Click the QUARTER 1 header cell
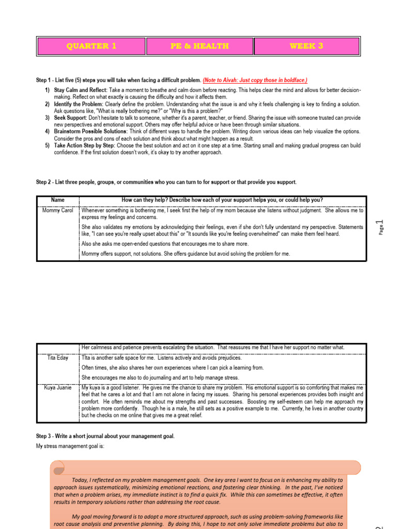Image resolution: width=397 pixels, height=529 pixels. [x=91, y=46]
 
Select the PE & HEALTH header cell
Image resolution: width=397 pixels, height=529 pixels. [x=200, y=46]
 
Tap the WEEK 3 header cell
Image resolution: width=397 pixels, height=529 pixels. [x=307, y=46]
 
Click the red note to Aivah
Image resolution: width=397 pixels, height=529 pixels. [x=255, y=80]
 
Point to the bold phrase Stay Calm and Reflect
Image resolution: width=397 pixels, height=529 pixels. [x=81, y=90]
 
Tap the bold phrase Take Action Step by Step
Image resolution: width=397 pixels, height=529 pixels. [x=84, y=146]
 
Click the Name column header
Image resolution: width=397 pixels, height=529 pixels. [x=57, y=200]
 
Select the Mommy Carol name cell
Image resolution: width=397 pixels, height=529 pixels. [x=57, y=211]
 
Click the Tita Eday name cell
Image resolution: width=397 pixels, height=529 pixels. [x=57, y=358]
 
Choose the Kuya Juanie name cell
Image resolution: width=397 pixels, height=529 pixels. [x=57, y=387]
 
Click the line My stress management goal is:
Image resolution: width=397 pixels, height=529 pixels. [x=70, y=446]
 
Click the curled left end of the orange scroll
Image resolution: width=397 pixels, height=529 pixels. [x=58, y=468]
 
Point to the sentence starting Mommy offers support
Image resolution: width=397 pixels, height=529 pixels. [x=186, y=254]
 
